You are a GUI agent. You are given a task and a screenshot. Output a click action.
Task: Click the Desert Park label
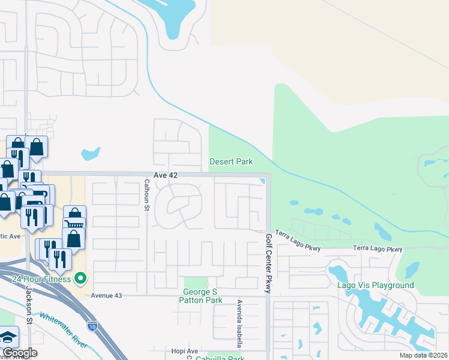tap(231, 161)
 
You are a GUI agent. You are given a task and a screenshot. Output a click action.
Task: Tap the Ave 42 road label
tap(163, 175)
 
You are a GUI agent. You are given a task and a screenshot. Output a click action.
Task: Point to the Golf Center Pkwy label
tap(268, 263)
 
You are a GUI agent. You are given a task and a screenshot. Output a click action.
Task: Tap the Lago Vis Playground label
tap(375, 285)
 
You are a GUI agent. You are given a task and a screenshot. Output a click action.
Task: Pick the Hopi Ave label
tap(184, 350)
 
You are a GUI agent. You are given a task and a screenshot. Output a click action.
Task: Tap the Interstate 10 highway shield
tap(92, 326)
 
